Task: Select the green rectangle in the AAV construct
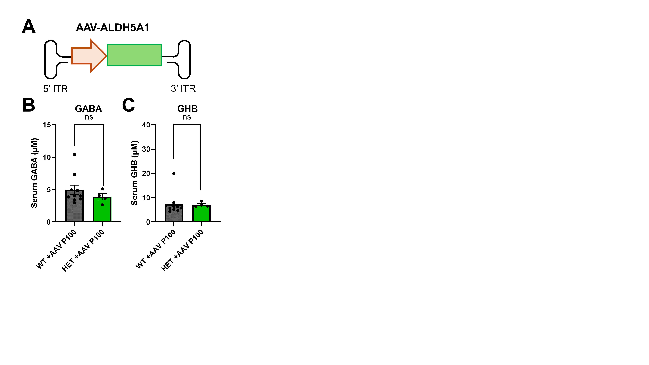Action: tap(134, 55)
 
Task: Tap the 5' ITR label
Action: tap(55, 89)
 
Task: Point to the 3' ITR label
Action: tap(183, 88)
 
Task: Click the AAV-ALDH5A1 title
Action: tap(112, 27)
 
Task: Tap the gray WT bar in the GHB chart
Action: tap(174, 215)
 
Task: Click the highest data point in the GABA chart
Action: tap(75, 154)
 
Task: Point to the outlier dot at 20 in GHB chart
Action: tap(174, 174)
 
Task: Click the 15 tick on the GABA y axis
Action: tap(47, 125)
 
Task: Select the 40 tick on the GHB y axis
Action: tap(146, 125)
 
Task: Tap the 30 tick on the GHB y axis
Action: tap(146, 149)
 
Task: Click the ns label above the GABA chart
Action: tap(89, 117)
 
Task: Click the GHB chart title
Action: tap(187, 109)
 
